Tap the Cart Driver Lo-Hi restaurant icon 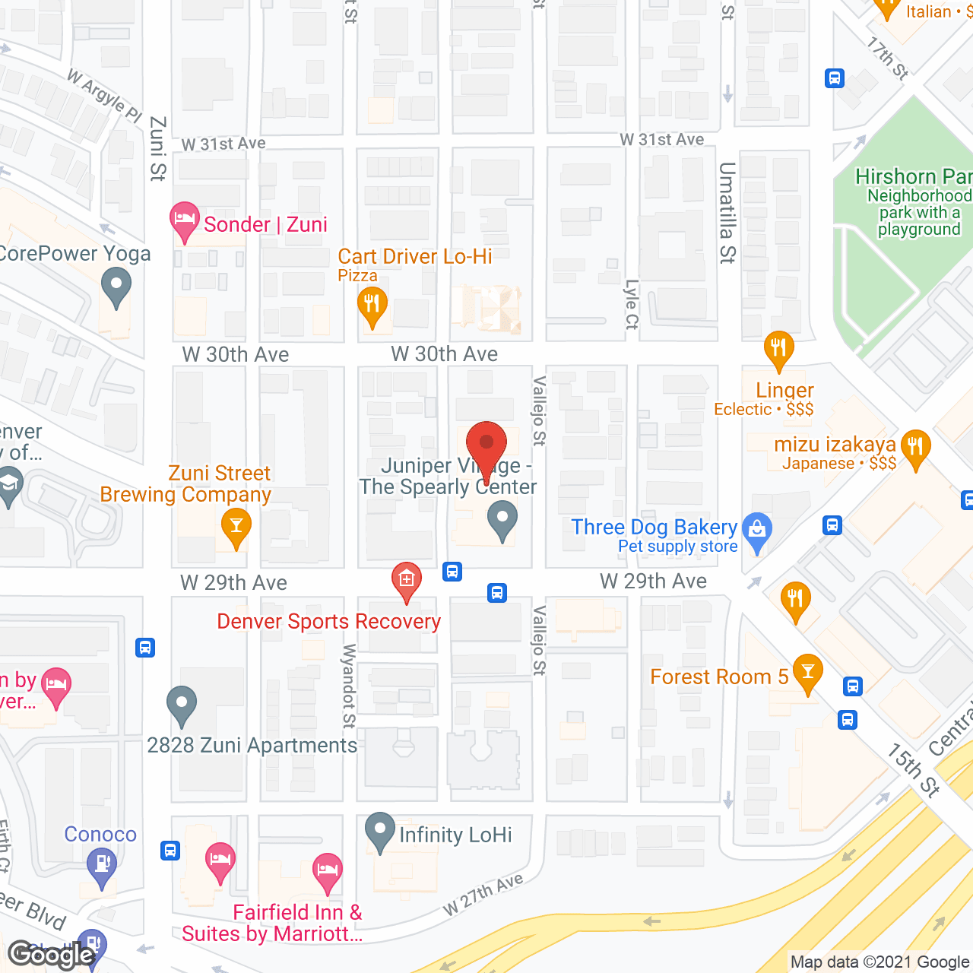click(372, 306)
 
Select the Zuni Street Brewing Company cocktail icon click(236, 527)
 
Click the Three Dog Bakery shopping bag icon click(757, 531)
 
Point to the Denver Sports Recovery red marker click(407, 582)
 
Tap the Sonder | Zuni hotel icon click(184, 221)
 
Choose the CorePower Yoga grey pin click(116, 290)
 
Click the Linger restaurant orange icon click(778, 350)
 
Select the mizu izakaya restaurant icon click(915, 448)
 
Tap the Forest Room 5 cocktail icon click(807, 673)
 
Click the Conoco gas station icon click(101, 866)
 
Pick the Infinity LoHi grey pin click(379, 832)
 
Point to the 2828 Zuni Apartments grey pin click(182, 705)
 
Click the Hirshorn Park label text click(913, 176)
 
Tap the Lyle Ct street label click(631, 304)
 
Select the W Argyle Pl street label click(104, 96)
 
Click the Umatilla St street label click(727, 213)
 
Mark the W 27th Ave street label click(483, 894)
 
